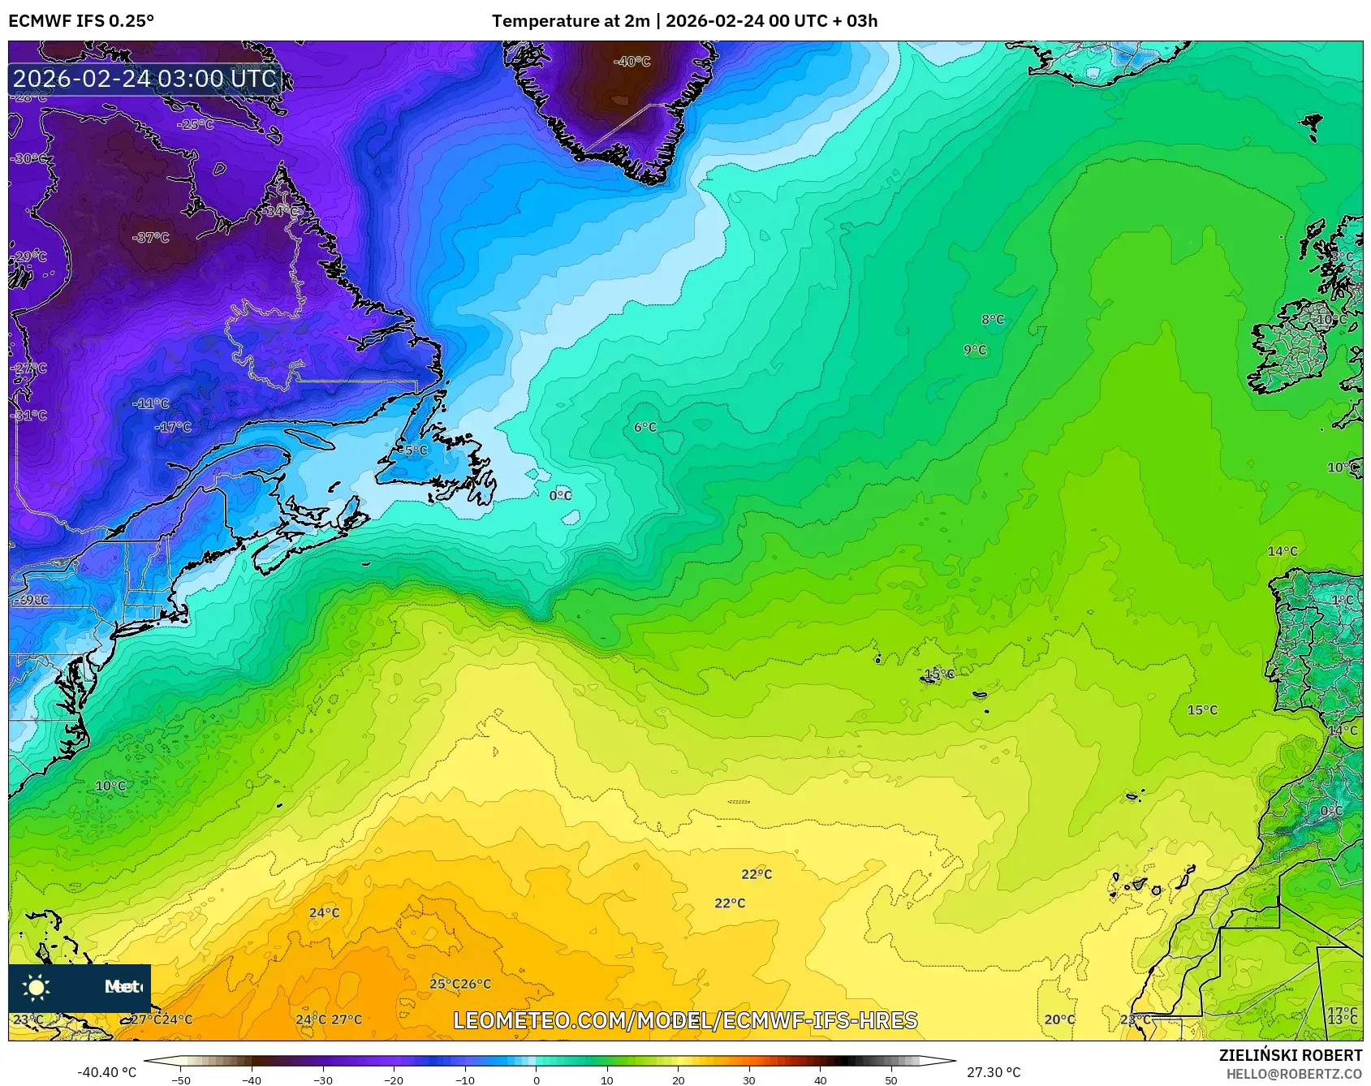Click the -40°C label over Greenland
click(632, 62)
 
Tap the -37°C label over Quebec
click(151, 238)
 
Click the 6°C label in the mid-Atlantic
click(645, 427)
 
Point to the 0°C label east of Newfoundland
click(560, 495)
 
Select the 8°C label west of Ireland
click(993, 320)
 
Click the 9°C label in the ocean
click(975, 350)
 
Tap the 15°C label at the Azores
click(938, 674)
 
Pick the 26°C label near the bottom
click(476, 984)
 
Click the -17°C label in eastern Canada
click(174, 427)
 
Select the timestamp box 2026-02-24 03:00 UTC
click(145, 79)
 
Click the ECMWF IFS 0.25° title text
click(81, 21)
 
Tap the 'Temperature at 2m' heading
click(571, 21)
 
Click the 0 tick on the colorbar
click(536, 1079)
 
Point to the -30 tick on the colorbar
click(323, 1079)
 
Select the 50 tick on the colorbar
click(891, 1079)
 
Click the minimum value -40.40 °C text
click(106, 1072)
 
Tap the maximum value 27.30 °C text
click(993, 1072)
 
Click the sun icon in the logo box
click(37, 987)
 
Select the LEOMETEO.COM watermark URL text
click(685, 1020)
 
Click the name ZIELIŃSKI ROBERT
click(1290, 1055)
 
